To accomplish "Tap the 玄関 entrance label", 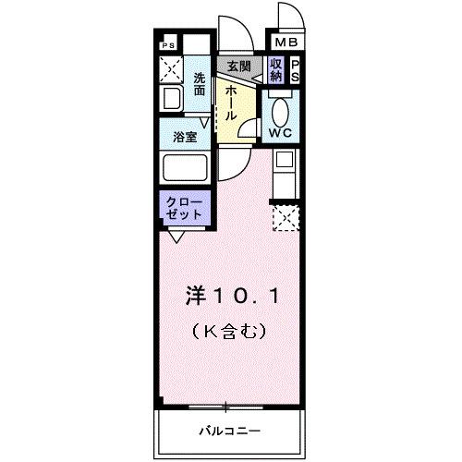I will point(238,67).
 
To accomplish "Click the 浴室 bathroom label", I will point(185,136).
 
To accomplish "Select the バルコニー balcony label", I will point(228,432).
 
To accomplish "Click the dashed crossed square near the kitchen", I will point(286,220).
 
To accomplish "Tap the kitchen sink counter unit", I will point(285,173).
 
